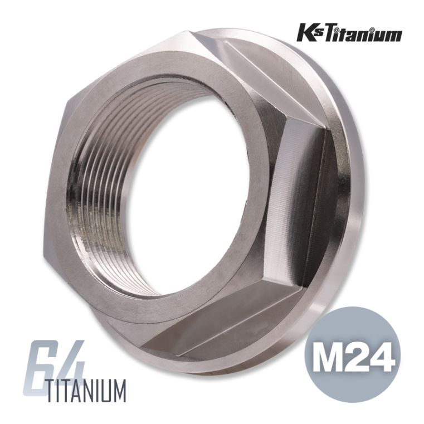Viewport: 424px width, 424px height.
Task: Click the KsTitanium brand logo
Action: click(x=349, y=34)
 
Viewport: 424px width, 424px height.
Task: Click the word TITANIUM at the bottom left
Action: click(x=86, y=391)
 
